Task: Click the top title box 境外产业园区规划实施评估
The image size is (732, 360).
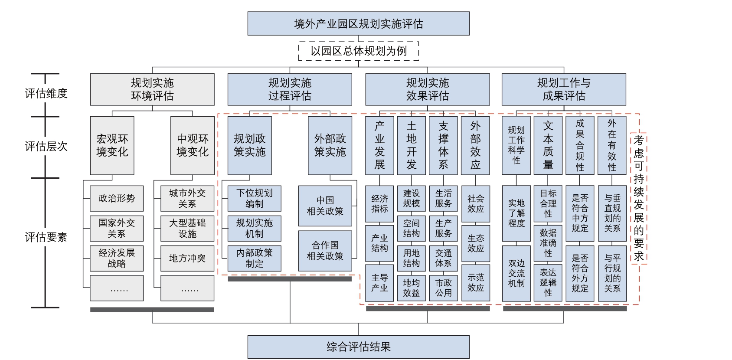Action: (x=358, y=23)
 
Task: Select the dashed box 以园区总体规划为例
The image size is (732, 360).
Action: (x=358, y=51)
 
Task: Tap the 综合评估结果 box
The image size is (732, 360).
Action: (x=358, y=347)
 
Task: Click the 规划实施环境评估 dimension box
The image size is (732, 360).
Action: (x=152, y=89)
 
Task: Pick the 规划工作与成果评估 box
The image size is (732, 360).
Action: (x=563, y=89)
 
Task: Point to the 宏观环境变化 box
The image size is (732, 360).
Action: (x=112, y=145)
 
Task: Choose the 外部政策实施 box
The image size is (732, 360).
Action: (x=330, y=145)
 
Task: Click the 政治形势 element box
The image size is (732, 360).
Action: (x=116, y=199)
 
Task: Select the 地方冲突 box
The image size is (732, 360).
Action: (x=187, y=259)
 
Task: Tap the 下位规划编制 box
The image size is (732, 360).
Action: (x=254, y=199)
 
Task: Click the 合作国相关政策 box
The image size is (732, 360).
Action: (x=325, y=251)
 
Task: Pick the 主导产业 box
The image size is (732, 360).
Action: (x=379, y=283)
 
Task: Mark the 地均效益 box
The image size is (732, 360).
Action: (x=411, y=288)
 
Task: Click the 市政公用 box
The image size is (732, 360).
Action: (x=443, y=288)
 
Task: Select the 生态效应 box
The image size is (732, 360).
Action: (x=475, y=243)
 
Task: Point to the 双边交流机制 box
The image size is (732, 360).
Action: (x=516, y=273)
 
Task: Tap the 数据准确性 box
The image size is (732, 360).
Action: (x=548, y=243)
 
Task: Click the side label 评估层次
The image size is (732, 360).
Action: (x=46, y=147)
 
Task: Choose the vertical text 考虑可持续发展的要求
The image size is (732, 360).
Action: (x=638, y=198)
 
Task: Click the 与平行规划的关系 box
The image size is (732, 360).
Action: (x=612, y=273)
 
